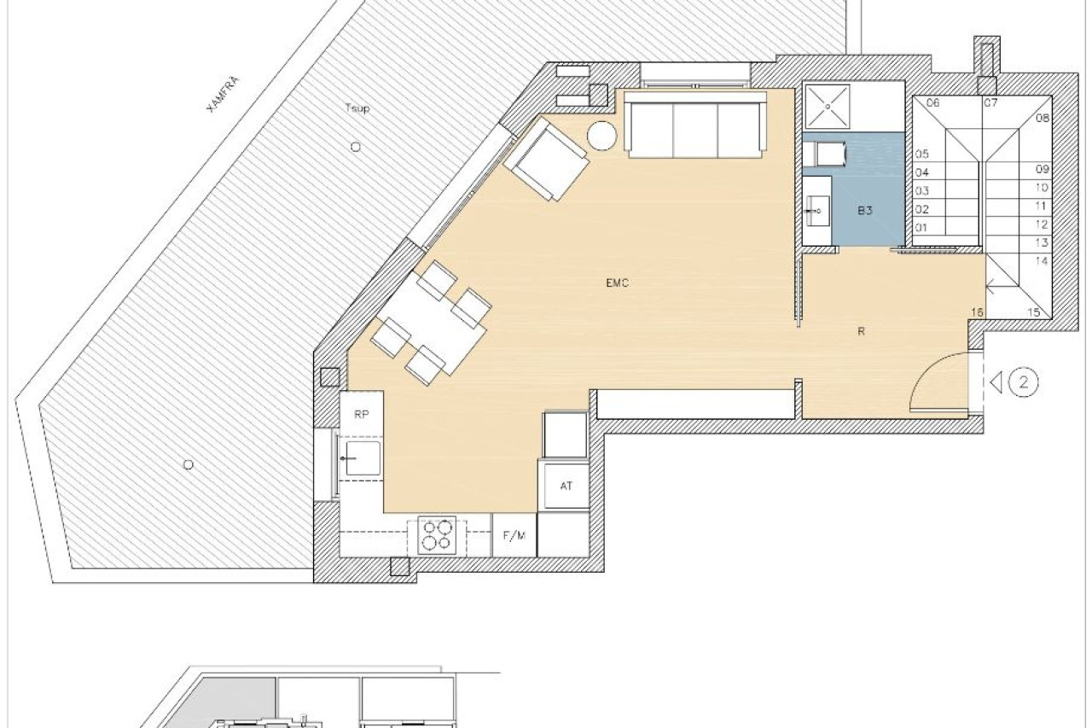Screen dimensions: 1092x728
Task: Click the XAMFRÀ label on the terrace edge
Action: (224, 95)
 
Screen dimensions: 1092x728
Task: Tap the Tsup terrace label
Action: (357, 108)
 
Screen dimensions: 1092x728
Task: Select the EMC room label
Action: (617, 282)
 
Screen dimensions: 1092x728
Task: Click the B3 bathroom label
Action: (865, 211)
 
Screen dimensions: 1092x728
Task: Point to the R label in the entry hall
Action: (862, 332)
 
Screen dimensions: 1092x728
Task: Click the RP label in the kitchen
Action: (361, 415)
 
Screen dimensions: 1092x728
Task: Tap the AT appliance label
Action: (566, 486)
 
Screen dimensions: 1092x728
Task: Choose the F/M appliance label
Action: (514, 535)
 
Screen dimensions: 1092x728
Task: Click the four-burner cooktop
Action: (437, 535)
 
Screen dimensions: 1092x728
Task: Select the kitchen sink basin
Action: (363, 458)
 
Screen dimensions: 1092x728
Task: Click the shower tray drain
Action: (828, 107)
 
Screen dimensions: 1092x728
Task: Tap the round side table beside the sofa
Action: (602, 136)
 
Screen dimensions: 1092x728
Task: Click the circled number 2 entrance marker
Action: (1023, 382)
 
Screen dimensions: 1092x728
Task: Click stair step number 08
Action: (1043, 118)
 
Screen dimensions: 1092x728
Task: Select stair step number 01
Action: (921, 227)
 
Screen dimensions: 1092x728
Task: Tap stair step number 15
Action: (1034, 312)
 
